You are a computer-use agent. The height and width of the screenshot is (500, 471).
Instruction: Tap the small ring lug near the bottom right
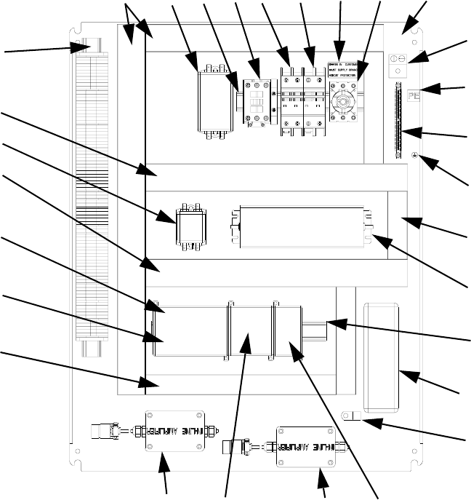pos(350,416)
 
